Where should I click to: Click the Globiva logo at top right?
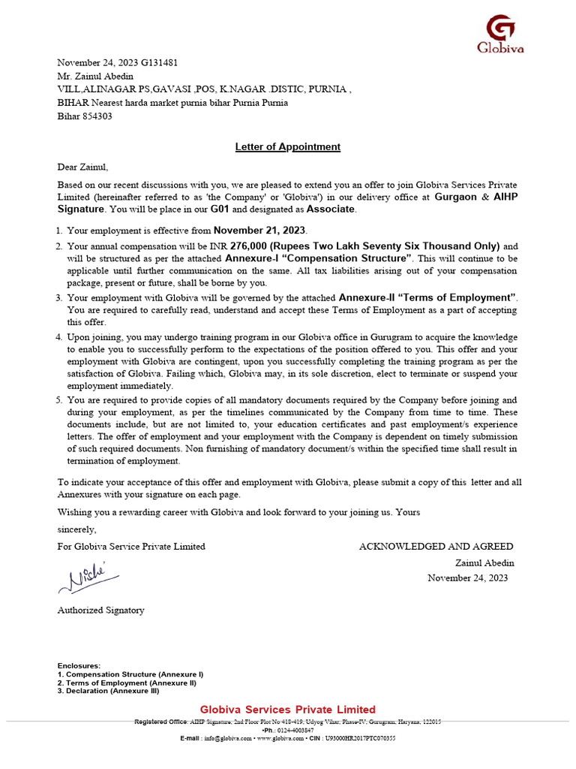pos(500,35)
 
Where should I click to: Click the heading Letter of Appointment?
pos(288,147)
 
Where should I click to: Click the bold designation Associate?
pos(330,210)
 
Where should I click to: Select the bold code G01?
pos(220,210)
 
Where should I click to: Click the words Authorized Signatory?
pos(100,611)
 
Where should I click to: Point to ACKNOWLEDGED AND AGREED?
pos(436,547)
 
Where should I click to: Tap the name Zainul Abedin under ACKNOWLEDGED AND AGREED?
pos(484,562)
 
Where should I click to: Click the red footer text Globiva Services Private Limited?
pos(288,710)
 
